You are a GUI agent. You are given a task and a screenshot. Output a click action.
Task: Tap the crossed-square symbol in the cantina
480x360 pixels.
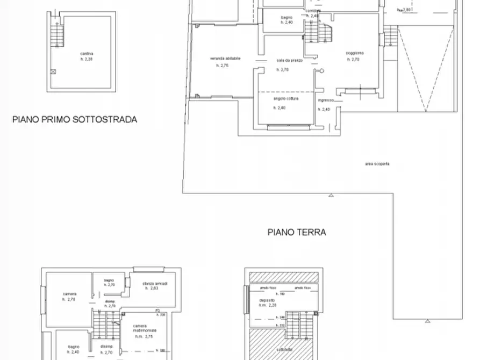click(53, 71)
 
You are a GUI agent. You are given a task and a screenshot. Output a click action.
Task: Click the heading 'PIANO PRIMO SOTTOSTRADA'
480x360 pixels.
click(75, 119)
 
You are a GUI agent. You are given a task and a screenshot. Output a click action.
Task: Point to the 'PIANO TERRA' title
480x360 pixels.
click(297, 233)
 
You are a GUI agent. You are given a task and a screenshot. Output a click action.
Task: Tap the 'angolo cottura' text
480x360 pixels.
click(285, 99)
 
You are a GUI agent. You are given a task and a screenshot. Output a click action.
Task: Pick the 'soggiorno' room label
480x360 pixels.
click(355, 53)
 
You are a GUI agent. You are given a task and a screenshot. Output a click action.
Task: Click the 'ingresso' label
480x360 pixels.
click(326, 100)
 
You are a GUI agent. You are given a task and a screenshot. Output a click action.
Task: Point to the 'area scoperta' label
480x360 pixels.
click(377, 163)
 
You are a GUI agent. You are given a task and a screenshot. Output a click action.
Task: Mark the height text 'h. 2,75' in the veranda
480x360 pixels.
click(223, 65)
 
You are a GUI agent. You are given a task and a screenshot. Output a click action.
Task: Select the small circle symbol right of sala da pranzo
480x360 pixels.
click(322, 70)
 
